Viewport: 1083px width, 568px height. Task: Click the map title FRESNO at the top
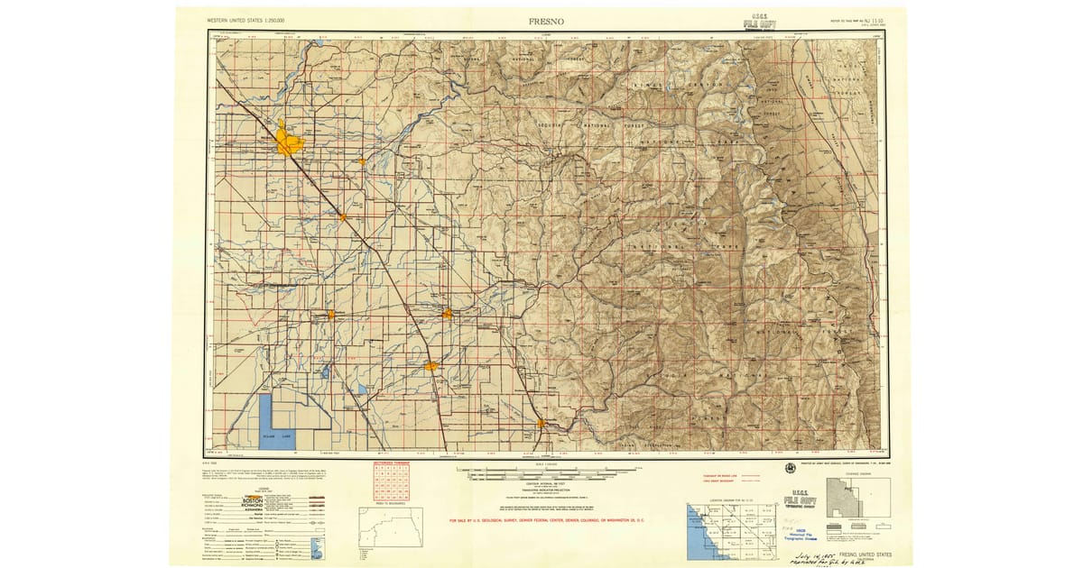click(x=547, y=19)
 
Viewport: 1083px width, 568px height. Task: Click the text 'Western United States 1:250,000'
click(x=246, y=20)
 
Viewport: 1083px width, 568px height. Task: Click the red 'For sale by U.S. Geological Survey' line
click(x=554, y=520)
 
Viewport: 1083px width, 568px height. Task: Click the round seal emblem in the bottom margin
click(x=791, y=468)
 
